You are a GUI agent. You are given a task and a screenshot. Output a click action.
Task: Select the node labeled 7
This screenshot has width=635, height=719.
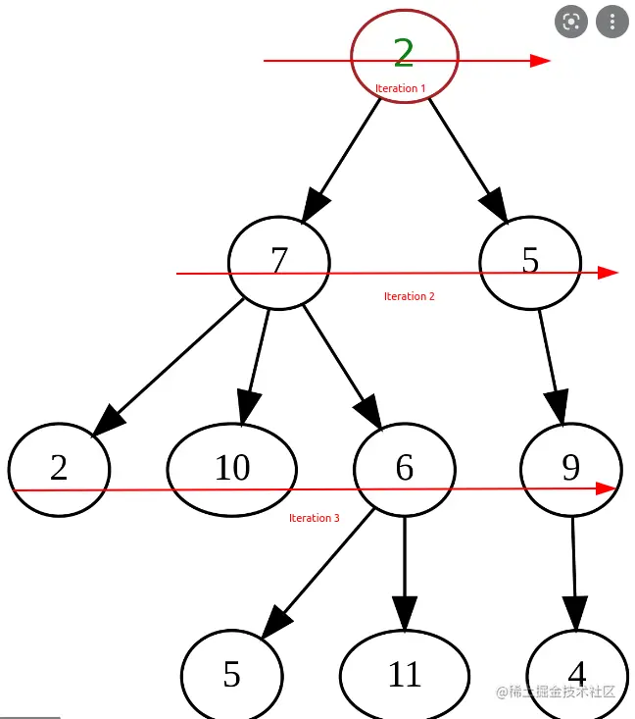(279, 261)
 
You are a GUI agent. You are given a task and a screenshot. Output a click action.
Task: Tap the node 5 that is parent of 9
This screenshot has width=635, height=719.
(530, 261)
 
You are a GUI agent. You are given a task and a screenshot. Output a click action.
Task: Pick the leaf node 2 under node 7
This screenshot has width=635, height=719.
(59, 468)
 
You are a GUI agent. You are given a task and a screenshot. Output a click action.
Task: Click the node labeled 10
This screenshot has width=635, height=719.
(232, 468)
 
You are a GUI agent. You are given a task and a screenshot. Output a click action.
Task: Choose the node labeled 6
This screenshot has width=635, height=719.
(404, 468)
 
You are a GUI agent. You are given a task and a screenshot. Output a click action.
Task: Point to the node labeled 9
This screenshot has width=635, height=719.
(570, 468)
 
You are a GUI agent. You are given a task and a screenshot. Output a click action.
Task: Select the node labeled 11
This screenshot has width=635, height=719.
(404, 675)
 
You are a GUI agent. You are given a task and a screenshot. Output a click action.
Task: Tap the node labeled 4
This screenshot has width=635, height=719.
(576, 673)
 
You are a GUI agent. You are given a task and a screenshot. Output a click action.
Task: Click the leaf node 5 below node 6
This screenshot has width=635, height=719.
(232, 675)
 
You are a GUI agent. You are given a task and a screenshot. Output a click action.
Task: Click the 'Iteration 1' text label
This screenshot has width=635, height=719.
(400, 88)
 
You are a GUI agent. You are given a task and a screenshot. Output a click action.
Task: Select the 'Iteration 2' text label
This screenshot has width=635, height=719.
(409, 296)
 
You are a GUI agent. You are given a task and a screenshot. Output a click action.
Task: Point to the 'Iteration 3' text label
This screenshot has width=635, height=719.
(314, 518)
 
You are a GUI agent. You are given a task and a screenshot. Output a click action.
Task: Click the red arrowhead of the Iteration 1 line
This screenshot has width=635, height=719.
(541, 61)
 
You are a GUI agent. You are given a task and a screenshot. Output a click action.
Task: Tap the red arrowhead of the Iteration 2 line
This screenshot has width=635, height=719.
(608, 273)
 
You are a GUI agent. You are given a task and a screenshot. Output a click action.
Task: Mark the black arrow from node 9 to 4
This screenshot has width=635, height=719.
(573, 574)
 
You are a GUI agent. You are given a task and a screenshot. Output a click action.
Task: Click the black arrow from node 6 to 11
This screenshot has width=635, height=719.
(404, 574)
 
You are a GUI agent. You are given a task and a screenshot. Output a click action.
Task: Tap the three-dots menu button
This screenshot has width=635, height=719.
(612, 22)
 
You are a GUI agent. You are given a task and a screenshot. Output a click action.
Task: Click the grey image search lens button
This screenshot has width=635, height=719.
(570, 22)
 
